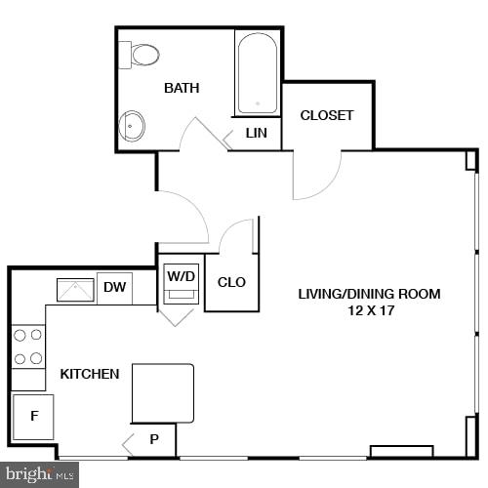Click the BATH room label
coord(182,88)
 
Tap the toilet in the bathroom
coord(142,55)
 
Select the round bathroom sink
coord(132,125)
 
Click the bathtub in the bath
coord(258,74)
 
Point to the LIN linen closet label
coord(256,133)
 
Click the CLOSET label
coord(327,115)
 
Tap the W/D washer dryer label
coord(182,276)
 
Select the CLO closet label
coord(231,282)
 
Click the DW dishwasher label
coord(115,287)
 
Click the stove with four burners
coord(28,346)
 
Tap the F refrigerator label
coord(34,416)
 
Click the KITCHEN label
coord(90,374)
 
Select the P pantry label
coord(154,439)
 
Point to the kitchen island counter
coord(163,392)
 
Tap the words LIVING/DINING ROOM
coord(369,294)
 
